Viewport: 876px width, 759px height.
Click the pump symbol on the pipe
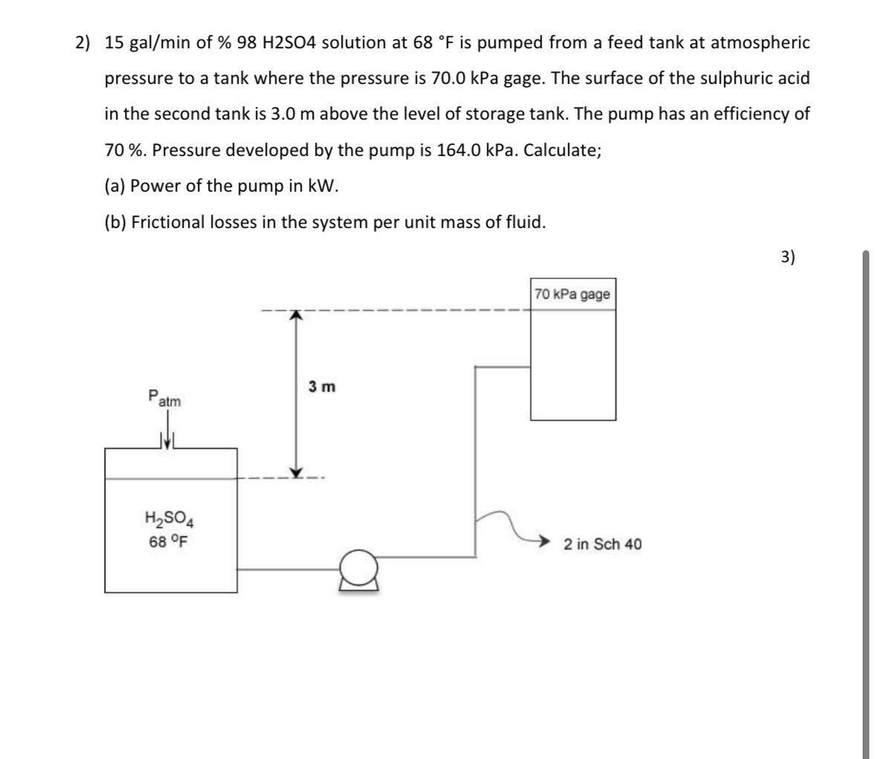tap(360, 570)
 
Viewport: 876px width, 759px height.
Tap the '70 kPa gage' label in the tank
tap(572, 294)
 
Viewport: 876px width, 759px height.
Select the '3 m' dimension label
tap(322, 387)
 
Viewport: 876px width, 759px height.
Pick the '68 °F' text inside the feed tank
tap(168, 541)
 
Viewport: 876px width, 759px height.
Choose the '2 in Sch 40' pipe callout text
tap(603, 544)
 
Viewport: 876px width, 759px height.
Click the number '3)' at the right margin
tap(788, 257)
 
